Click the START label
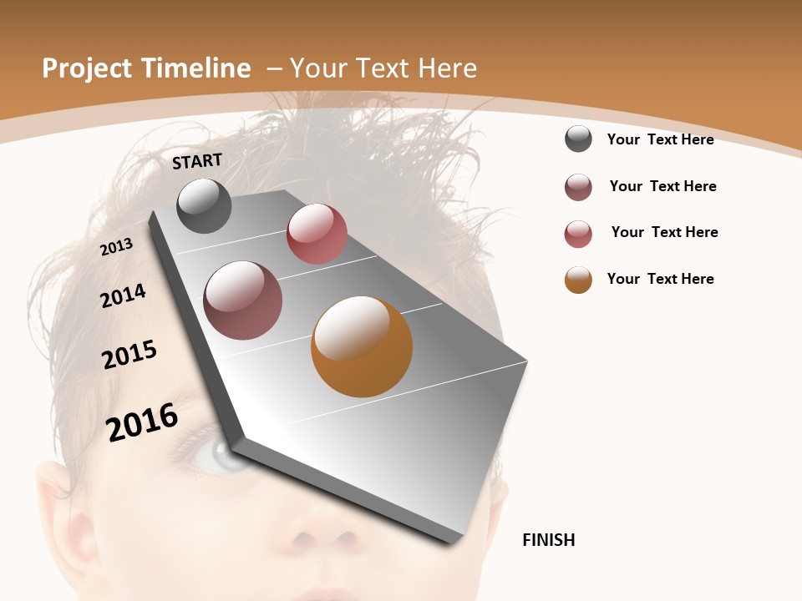pyautogui.click(x=197, y=161)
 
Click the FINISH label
pyautogui.click(x=549, y=540)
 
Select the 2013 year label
pyautogui.click(x=117, y=246)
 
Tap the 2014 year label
pyautogui.click(x=124, y=295)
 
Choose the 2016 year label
pyautogui.click(x=142, y=422)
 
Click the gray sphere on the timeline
pyautogui.click(x=205, y=205)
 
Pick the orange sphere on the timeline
pyautogui.click(x=362, y=346)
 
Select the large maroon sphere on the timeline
pyautogui.click(x=243, y=300)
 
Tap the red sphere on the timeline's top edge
pyautogui.click(x=317, y=234)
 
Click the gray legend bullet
pyautogui.click(x=578, y=139)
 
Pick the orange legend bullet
pyautogui.click(x=578, y=280)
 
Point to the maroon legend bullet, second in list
pyautogui.click(x=578, y=187)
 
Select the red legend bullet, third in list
pyautogui.click(x=578, y=234)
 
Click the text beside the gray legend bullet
pyautogui.click(x=660, y=139)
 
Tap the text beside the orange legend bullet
pyautogui.click(x=660, y=279)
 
